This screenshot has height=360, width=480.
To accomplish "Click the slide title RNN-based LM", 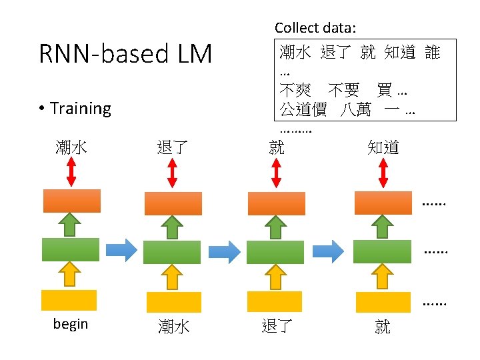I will tap(125, 54).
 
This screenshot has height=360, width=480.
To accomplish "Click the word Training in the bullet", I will tap(80, 108).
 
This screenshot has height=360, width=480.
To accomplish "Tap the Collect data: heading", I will tap(315, 28).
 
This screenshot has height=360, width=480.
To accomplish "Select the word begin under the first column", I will tap(71, 324).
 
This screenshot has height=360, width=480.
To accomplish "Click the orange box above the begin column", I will tap(72, 201).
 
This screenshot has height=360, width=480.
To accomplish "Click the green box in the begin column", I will tap(70, 249).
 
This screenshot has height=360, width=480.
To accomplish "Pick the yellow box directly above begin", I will tap(69, 300).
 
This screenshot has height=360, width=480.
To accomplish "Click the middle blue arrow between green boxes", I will tap(223, 251).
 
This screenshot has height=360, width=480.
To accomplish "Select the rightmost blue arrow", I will tap(328, 250).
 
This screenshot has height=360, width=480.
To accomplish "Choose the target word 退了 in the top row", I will tap(172, 147).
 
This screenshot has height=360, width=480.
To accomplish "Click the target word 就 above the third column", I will tap(276, 147).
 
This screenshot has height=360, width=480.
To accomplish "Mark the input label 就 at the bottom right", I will tap(383, 326).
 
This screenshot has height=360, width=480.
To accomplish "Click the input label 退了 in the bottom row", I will tap(277, 325).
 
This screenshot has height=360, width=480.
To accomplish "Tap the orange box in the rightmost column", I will tap(383, 203).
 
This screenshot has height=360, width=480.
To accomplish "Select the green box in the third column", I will tap(275, 252).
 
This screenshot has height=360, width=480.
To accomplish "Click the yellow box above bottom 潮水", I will tap(173, 302).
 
